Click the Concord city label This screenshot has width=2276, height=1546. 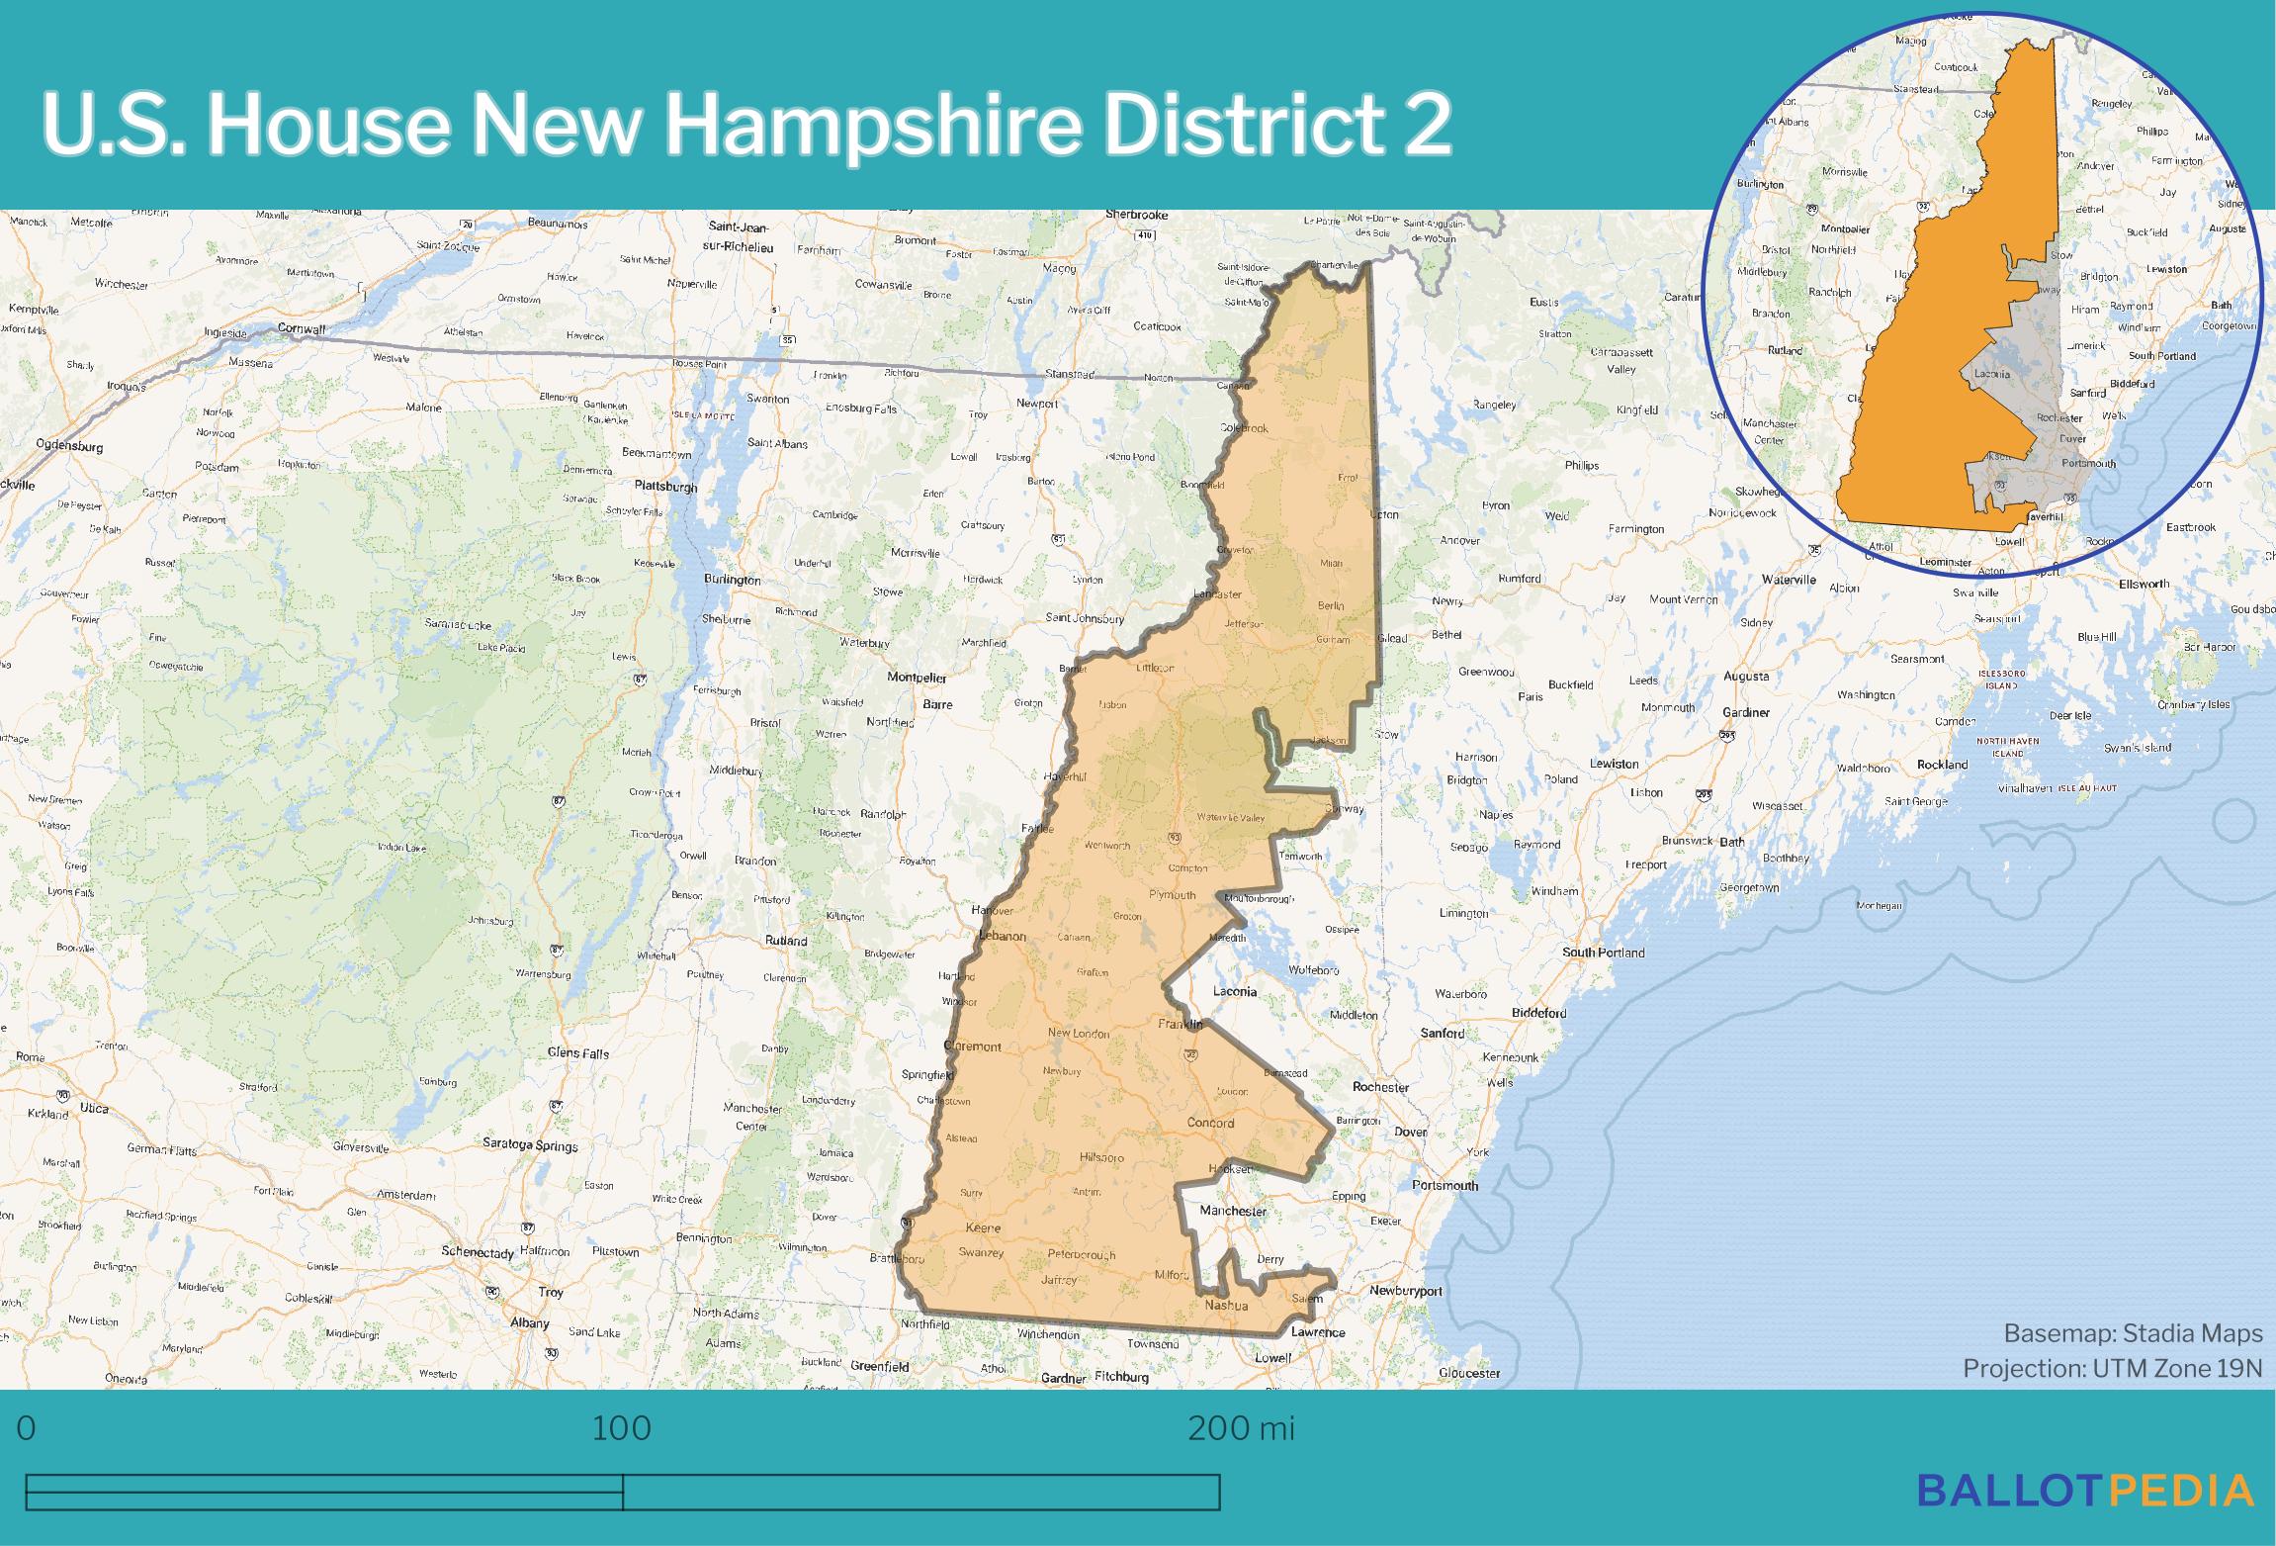tap(1210, 1123)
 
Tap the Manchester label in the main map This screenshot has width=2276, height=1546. tap(1232, 1211)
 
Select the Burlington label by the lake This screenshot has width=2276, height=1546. tap(732, 580)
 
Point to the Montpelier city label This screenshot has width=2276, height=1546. tap(917, 678)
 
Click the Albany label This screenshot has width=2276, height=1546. tap(530, 1322)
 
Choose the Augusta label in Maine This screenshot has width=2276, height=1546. tap(1745, 677)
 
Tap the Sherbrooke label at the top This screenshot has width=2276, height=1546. tap(1136, 215)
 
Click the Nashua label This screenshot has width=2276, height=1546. tap(1226, 1306)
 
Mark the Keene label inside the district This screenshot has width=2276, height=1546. tap(982, 1228)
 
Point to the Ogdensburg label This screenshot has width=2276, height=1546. tap(69, 446)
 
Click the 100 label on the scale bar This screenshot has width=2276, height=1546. tap(622, 1428)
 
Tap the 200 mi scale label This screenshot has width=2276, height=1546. tap(1241, 1428)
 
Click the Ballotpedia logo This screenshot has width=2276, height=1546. tap(2086, 1490)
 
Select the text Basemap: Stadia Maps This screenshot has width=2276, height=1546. tap(2133, 1333)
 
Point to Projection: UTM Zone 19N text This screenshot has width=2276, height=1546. tap(2112, 1368)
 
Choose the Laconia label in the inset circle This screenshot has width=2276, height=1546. tap(1991, 374)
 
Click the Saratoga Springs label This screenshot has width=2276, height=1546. tap(530, 1144)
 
